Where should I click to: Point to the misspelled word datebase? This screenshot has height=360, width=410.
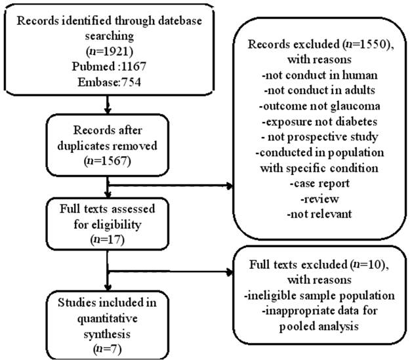coord(180,20)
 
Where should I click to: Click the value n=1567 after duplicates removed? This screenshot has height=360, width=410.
coord(108,161)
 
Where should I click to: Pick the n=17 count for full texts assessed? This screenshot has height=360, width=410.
coord(108,239)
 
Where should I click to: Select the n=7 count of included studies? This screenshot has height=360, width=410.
coord(108,350)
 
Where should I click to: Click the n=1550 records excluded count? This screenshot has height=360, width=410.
coord(367,44)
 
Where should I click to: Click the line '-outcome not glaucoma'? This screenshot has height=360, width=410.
coord(319,106)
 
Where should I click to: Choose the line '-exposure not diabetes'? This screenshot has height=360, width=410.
coord(319,121)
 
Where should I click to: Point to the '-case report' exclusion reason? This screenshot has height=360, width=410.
coord(319,183)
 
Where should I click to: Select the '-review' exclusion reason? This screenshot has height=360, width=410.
coord(319,199)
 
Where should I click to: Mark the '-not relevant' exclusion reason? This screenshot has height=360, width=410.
coord(319,214)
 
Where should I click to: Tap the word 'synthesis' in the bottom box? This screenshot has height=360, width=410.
coord(107,334)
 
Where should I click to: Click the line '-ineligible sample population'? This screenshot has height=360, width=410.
coord(319,296)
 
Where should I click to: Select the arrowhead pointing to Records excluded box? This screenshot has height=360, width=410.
coord(230,186)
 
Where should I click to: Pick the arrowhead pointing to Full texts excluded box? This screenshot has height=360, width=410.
coord(230,272)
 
